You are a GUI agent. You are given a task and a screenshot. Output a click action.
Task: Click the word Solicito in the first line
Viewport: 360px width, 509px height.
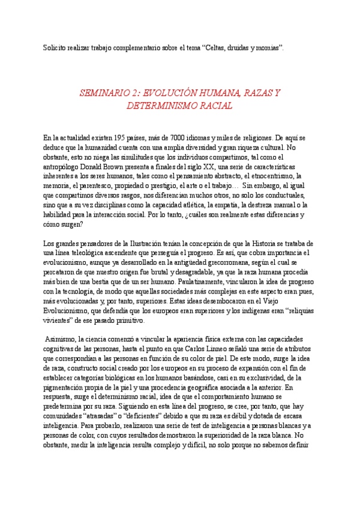tap(56, 47)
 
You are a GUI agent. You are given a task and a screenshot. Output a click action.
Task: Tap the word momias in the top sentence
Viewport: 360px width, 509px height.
tap(267, 47)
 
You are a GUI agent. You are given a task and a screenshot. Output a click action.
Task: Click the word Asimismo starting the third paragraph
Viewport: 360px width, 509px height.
tap(64, 340)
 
